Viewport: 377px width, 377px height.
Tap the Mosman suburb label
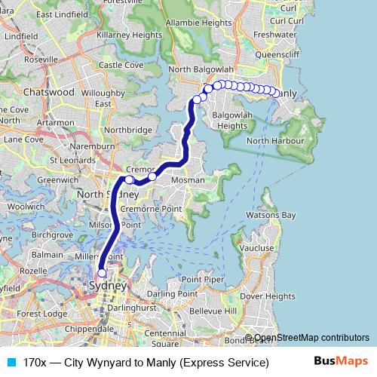[x=189, y=181]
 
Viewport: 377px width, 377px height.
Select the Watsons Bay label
[x=273, y=215]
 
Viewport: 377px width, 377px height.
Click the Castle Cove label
[x=121, y=65]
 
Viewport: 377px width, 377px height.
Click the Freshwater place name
[x=275, y=35]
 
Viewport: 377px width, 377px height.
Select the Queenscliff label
[x=277, y=54]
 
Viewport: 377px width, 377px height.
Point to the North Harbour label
[x=274, y=141]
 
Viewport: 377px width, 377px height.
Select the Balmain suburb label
[x=48, y=255]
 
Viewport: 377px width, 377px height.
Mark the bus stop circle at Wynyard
[x=102, y=273]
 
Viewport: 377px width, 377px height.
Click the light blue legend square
[x=10, y=363]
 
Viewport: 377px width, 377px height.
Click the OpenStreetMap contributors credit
[x=311, y=338]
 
